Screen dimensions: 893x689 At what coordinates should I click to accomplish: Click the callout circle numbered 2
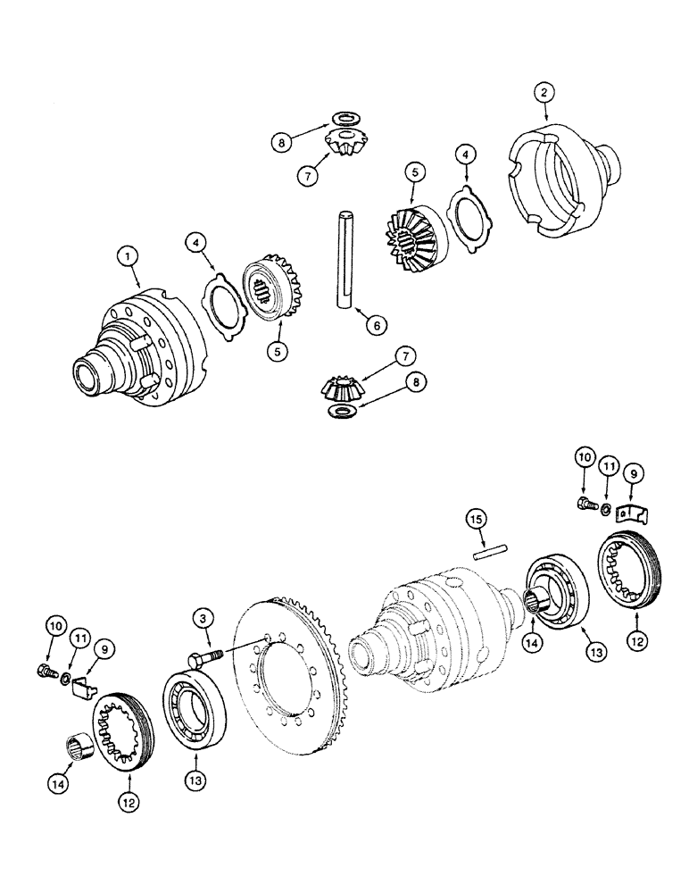[544, 91]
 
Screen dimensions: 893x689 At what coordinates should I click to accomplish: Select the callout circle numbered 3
[205, 617]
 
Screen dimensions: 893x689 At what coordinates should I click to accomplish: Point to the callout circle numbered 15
[477, 519]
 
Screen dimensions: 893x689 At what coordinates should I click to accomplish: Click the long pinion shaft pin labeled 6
[344, 259]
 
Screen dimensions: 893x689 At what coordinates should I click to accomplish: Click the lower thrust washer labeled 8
[341, 410]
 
